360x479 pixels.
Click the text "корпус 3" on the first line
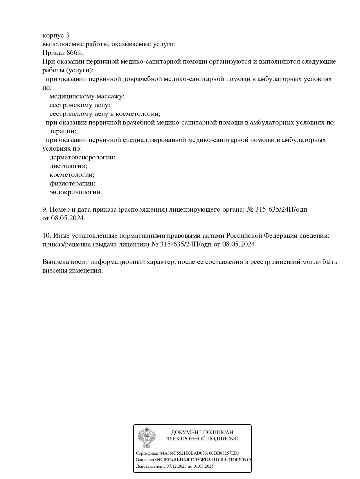pyautogui.click(x=56, y=35)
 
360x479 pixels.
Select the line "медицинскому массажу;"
pyautogui.click(x=87, y=96)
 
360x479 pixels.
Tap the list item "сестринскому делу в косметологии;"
pyautogui.click(x=105, y=114)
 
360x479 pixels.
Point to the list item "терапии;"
pyautogui.click(x=63, y=131)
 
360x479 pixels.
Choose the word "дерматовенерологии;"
pyautogui.click(x=82, y=157)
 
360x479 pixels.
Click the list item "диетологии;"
pyautogui.click(x=68, y=166)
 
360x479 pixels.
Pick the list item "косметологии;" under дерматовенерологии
pyautogui.click(x=72, y=175)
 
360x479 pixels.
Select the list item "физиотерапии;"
pyautogui.click(x=72, y=183)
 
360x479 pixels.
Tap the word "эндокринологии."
pyautogui.click(x=75, y=192)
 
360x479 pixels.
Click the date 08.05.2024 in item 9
pyautogui.click(x=68, y=218)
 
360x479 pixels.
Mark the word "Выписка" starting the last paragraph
pyautogui.click(x=55, y=262)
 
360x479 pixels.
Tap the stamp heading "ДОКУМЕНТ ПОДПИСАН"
pyautogui.click(x=202, y=433)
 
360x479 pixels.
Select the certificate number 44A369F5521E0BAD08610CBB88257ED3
pyautogui.click(x=199, y=453)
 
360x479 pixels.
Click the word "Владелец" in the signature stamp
pyautogui.click(x=145, y=460)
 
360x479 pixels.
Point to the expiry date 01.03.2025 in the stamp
pyautogui.click(x=204, y=467)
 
